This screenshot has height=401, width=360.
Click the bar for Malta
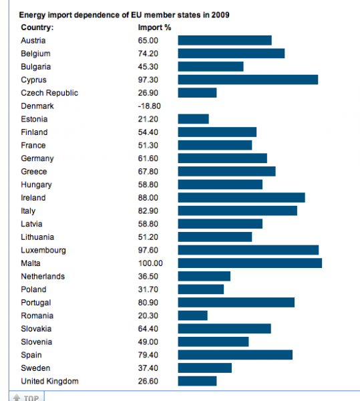(250, 263)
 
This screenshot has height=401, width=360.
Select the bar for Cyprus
(248, 80)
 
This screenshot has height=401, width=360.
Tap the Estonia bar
(194, 119)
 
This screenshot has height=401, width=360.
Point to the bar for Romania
(192, 315)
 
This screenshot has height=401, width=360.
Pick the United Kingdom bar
(197, 381)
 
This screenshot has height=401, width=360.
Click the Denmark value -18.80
(149, 106)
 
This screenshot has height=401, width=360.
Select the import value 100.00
(150, 263)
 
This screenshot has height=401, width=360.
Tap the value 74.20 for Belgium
(148, 53)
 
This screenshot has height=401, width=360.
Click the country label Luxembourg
(43, 250)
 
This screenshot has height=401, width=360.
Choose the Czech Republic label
(49, 93)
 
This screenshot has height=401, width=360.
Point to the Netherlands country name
(43, 276)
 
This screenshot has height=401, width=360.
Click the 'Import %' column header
(154, 27)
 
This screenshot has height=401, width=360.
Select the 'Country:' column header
(37, 27)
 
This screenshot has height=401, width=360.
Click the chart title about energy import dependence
(124, 15)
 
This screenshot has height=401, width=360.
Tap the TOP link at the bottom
(26, 398)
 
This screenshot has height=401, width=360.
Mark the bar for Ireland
(242, 198)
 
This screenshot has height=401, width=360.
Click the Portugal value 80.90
(148, 303)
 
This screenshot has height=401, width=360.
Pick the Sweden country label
(35, 368)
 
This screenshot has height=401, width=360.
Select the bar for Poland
(201, 289)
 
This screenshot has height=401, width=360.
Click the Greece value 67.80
(148, 171)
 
